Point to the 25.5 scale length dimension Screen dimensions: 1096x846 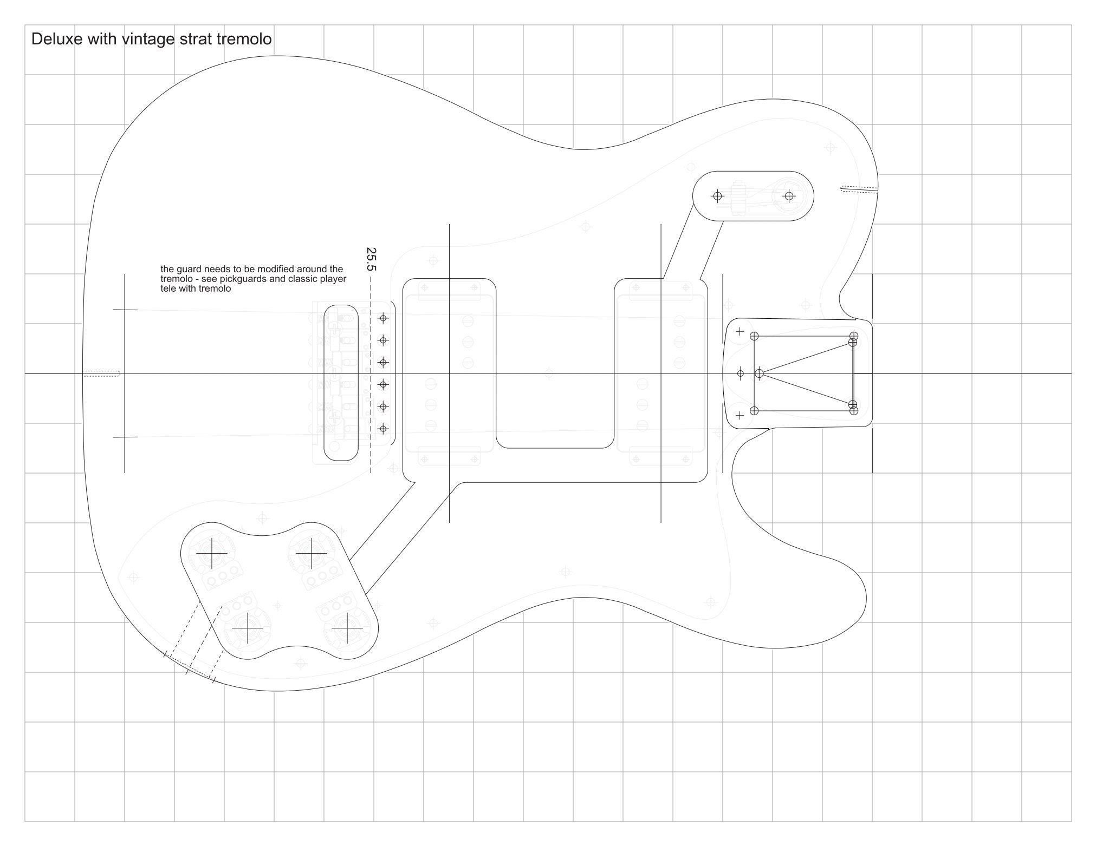371,259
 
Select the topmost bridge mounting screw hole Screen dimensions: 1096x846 384,318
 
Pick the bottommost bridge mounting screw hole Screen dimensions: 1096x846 384,429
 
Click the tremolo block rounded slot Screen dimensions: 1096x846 341,383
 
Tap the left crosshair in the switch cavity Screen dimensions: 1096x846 718,196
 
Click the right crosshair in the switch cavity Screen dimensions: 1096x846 789,196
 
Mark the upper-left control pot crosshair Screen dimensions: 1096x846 211,554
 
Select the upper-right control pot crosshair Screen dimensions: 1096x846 312,553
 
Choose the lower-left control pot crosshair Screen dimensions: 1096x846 247,628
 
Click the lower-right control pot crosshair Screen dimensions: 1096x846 347,628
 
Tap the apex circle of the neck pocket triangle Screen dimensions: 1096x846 759,373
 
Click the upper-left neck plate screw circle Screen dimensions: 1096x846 754,336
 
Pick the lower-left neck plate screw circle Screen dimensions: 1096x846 754,411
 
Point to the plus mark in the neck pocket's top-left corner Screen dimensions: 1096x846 740,331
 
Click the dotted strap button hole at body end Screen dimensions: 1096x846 101,373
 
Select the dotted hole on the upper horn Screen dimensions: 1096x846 859,189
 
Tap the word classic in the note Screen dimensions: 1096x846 304,279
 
